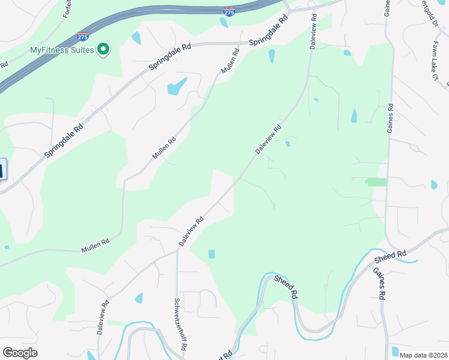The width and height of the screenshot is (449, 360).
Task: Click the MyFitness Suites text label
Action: [x=62, y=50]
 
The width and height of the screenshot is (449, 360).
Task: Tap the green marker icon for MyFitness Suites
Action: [x=103, y=49]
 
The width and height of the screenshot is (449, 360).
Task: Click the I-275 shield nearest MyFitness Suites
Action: [x=83, y=37]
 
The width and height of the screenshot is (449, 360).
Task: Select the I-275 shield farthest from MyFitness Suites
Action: [x=229, y=11]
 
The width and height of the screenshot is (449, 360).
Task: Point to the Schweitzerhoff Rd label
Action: [x=179, y=325]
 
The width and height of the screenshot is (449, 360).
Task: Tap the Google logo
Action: [x=20, y=353]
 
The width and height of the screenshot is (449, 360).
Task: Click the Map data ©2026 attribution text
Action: [x=424, y=355]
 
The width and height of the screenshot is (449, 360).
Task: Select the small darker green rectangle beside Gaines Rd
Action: [x=376, y=182]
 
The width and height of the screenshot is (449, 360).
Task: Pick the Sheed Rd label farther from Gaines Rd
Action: [x=286, y=287]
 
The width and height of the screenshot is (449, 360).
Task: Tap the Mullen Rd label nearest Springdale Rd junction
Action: [x=230, y=61]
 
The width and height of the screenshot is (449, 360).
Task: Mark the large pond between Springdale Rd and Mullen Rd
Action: [x=176, y=87]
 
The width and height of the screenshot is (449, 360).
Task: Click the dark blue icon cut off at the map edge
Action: [x=2, y=169]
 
